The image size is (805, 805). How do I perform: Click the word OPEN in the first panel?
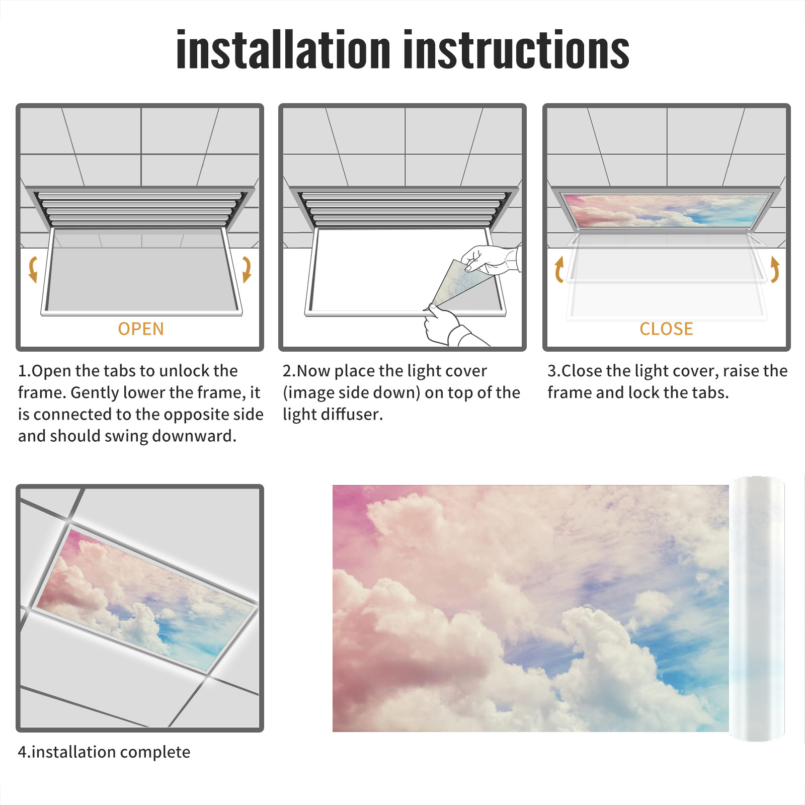click(x=141, y=329)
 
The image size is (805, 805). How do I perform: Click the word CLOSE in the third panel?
click(x=666, y=329)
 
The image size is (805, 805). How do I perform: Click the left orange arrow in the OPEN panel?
click(x=33, y=269)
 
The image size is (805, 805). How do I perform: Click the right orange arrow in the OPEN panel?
click(x=247, y=269)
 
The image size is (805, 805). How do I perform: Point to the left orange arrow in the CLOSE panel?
click(x=558, y=269)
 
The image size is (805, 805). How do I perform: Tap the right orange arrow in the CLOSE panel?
click(x=775, y=269)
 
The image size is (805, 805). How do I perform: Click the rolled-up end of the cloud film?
click(x=757, y=609)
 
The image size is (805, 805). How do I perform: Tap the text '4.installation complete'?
click(x=104, y=752)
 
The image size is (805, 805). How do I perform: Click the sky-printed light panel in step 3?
click(x=666, y=210)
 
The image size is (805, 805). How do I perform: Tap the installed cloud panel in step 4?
click(x=146, y=599)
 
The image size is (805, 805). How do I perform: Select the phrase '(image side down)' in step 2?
click(x=351, y=392)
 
